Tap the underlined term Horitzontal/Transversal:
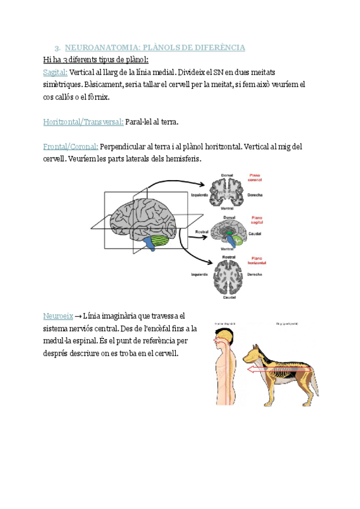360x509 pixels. (83, 122)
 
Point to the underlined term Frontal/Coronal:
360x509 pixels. (71, 147)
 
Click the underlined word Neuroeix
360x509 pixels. (58, 316)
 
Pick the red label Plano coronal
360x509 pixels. (256, 178)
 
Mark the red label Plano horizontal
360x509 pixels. (258, 260)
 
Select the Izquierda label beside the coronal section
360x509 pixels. (199, 195)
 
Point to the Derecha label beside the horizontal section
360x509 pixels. (254, 274)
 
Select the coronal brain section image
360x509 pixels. (226, 193)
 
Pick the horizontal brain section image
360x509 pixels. (227, 276)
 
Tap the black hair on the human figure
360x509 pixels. (223, 334)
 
